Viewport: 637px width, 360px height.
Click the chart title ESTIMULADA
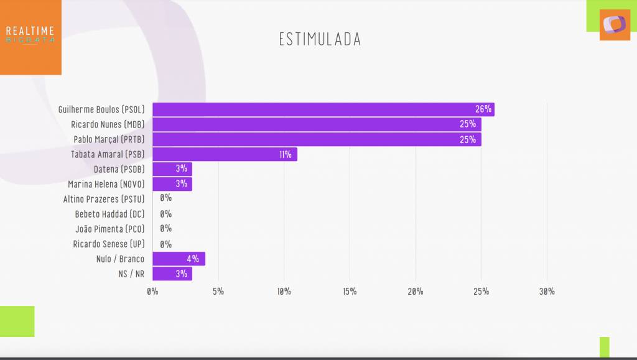(320, 39)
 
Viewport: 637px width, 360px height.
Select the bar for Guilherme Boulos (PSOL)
(323, 109)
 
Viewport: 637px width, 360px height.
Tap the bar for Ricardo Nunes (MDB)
(317, 124)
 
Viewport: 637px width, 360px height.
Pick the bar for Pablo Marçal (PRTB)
(317, 139)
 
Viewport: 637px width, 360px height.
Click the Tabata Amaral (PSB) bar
(225, 154)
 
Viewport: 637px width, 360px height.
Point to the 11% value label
(286, 155)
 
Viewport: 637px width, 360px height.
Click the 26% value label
(483, 109)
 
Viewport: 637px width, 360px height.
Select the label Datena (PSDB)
(119, 169)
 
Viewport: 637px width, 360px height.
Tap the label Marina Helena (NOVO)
(106, 184)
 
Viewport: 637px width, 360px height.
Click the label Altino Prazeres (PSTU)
(104, 199)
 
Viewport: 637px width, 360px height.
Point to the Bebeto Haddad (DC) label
(110, 214)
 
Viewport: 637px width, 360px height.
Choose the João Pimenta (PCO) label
(110, 229)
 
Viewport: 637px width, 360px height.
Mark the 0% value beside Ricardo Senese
(165, 244)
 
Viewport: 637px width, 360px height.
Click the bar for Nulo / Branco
(179, 259)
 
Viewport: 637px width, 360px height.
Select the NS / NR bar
(172, 274)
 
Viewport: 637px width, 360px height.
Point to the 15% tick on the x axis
(350, 291)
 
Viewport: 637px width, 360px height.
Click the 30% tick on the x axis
(547, 291)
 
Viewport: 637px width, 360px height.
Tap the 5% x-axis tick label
(218, 291)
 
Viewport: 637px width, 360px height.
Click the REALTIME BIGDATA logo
(30, 34)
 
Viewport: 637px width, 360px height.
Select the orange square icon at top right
(615, 25)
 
